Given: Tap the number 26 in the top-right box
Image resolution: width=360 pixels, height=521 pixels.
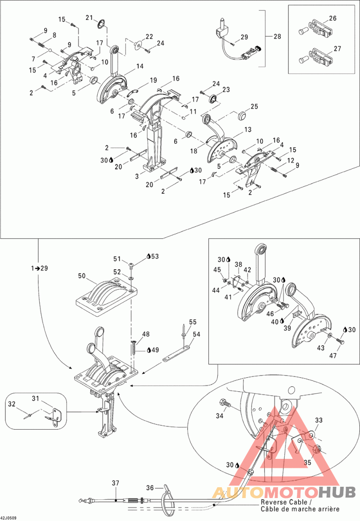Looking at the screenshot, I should click(333, 18).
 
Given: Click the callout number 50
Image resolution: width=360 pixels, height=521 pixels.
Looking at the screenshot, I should click(81, 276).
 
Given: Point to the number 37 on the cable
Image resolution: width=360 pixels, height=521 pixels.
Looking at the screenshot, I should click(116, 483).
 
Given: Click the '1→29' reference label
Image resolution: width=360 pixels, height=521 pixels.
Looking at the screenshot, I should click(39, 268).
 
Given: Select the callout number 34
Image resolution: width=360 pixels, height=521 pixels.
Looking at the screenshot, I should click(220, 416).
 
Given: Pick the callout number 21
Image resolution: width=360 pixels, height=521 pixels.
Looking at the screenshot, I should click(89, 17).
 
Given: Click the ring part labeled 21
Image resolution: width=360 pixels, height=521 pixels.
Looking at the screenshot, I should click(102, 23).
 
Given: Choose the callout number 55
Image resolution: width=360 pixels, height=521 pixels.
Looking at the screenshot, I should click(193, 322).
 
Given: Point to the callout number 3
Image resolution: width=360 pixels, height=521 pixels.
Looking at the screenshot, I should click(137, 177).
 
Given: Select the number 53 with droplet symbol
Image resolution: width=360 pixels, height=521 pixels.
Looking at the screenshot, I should click(155, 256).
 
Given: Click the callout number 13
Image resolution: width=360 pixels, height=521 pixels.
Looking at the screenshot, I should click(247, 129).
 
